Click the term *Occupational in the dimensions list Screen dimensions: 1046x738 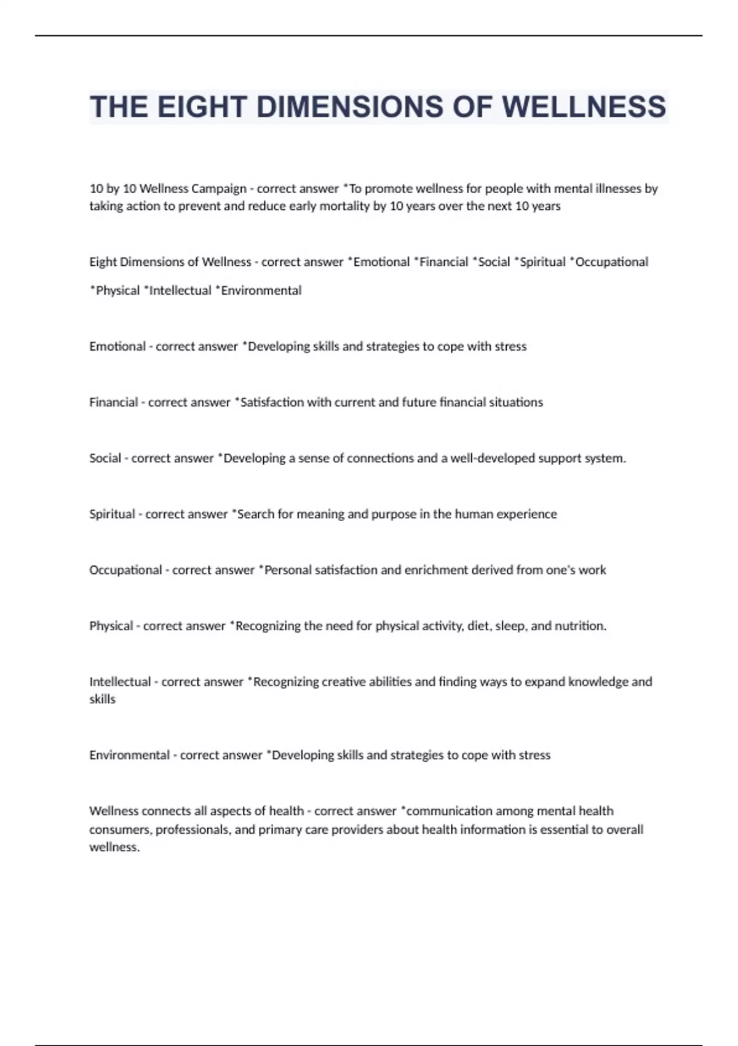(x=609, y=262)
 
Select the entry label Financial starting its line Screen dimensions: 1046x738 (x=114, y=402)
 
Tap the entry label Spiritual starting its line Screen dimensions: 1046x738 (x=112, y=514)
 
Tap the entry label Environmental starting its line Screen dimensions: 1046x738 (x=129, y=755)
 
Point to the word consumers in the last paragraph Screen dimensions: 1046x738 (x=119, y=829)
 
